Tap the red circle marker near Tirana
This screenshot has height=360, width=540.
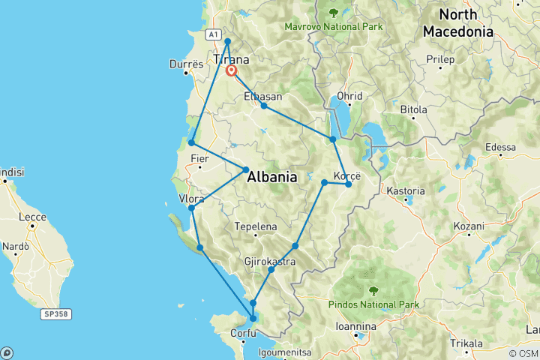232,71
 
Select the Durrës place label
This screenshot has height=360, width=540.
181,65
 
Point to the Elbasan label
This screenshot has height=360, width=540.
263,97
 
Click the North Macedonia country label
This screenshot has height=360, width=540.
457,23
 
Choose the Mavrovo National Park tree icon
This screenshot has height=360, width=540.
332,12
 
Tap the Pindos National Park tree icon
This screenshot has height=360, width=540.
373,290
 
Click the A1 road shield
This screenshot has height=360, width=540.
213,34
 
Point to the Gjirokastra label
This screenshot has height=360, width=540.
269,261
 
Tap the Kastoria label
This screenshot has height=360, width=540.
405,191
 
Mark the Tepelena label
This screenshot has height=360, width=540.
256,226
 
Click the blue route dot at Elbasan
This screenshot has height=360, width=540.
264,106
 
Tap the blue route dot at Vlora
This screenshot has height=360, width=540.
192,208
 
